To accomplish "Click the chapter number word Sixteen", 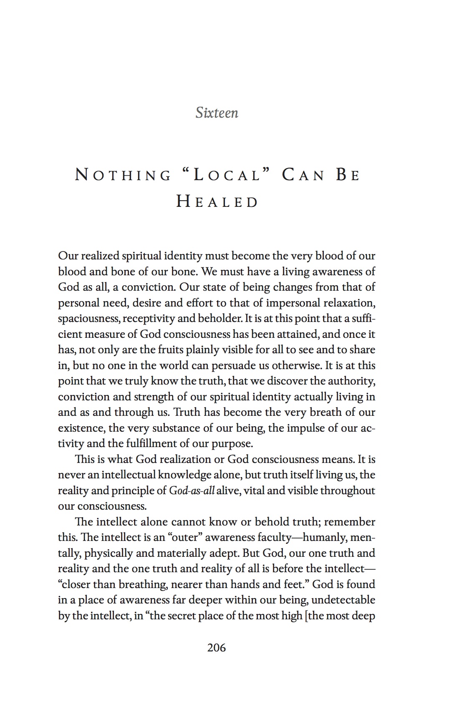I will point(217,113).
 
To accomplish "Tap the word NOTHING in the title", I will point(123,175).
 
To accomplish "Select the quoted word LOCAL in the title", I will point(227,175).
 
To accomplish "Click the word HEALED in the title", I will point(217,202).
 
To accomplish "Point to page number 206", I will point(217,648).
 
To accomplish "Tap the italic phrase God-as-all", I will point(192,490).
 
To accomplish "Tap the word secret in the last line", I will point(181,616).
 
